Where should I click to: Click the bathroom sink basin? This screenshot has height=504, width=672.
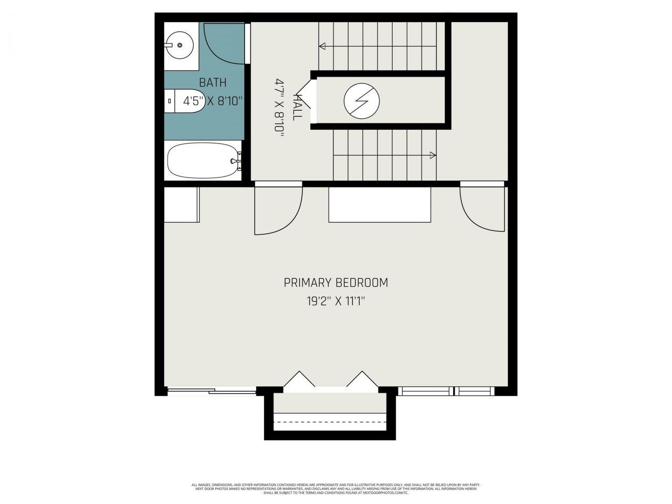click(x=179, y=46)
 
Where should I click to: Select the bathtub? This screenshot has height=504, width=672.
click(x=202, y=161)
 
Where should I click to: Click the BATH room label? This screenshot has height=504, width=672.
click(x=213, y=82)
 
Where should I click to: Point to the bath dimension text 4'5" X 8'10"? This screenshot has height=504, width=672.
click(x=213, y=101)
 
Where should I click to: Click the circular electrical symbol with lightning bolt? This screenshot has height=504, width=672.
click(x=361, y=100)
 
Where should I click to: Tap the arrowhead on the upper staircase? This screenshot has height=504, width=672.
click(x=322, y=46)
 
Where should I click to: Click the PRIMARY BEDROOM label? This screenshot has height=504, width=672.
click(x=336, y=282)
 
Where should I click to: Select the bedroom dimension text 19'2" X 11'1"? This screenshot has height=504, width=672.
click(x=336, y=301)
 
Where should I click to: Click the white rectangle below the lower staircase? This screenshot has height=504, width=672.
click(x=379, y=204)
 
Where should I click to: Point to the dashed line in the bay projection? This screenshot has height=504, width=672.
click(x=330, y=422)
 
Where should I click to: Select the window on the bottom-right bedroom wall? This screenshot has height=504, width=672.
click(x=446, y=391)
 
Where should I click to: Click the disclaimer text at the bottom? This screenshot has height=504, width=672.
click(x=336, y=489)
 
